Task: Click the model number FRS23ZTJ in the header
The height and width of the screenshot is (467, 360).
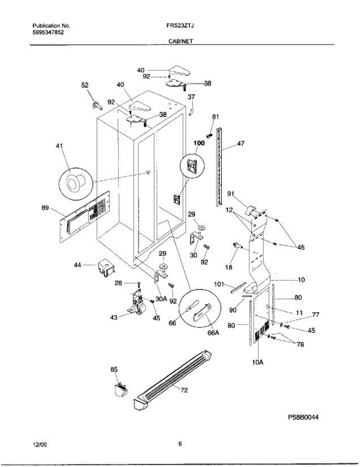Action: tap(178, 26)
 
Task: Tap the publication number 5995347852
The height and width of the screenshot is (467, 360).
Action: tap(48, 32)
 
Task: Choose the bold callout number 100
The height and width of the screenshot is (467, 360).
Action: tap(199, 143)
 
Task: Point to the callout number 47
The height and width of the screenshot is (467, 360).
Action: tap(241, 144)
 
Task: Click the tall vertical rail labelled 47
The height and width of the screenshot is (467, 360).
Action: tap(218, 167)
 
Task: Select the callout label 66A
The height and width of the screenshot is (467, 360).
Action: tap(213, 333)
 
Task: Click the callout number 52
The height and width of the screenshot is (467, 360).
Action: tap(85, 86)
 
